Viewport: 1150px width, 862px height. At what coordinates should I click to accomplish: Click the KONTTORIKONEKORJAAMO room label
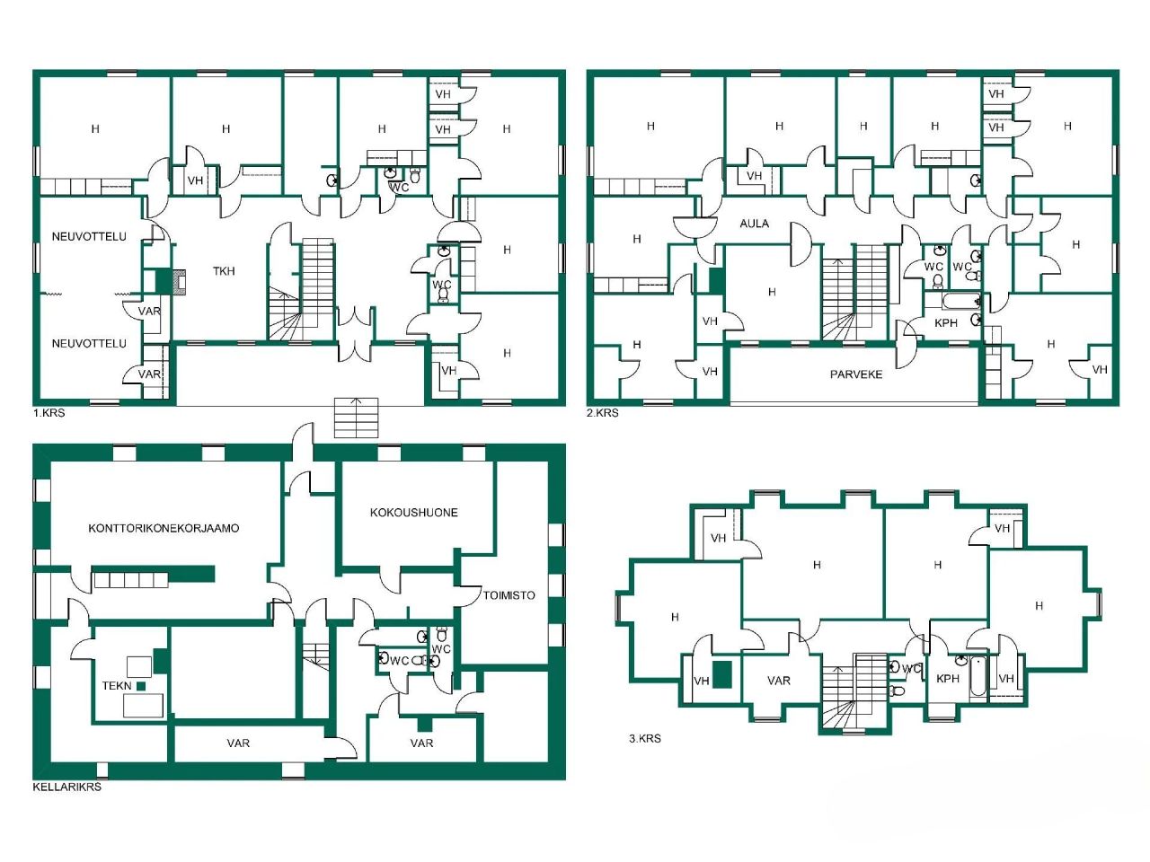[164, 528]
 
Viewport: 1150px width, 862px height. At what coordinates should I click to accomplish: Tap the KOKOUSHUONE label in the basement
[414, 513]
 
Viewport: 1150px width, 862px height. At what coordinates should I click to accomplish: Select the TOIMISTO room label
[509, 595]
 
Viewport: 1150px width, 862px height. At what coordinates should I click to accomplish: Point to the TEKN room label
[117, 686]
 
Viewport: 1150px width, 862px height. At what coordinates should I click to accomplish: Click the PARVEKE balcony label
[855, 374]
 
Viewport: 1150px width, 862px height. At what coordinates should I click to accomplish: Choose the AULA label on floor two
[754, 224]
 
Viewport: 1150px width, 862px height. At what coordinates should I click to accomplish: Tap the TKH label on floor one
[224, 271]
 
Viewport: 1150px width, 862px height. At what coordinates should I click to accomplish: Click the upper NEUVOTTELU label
[89, 237]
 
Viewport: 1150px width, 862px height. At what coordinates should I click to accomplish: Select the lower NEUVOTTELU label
[89, 344]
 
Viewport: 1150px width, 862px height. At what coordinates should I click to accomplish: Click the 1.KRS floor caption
[49, 414]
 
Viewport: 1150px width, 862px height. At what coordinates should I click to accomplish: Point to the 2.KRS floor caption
[603, 414]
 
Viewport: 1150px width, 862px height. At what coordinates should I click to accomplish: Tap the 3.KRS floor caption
[644, 739]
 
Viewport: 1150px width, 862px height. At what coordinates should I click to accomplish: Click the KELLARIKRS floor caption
[66, 787]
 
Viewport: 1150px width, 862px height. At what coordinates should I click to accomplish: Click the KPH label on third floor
[948, 679]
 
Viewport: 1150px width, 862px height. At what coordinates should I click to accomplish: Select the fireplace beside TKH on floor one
[177, 282]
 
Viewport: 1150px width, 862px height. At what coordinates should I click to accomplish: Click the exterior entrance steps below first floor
[357, 418]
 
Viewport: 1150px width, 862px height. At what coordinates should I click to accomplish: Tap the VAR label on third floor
[779, 681]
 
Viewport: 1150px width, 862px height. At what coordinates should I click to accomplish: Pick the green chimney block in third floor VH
[721, 674]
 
